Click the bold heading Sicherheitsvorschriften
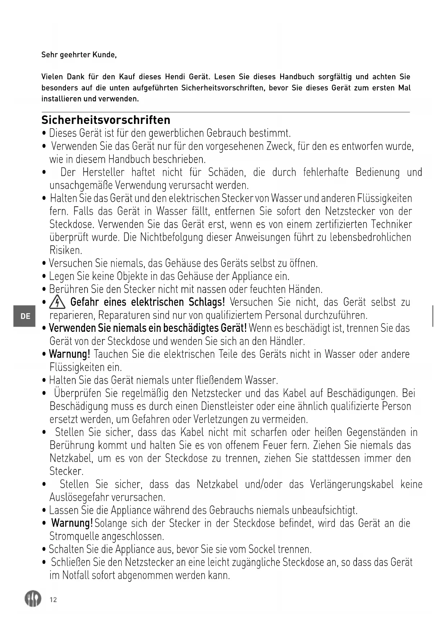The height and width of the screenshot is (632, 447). (x=106, y=120)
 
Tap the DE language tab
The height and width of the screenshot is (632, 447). (x=25, y=316)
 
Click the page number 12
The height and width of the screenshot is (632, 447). (x=53, y=600)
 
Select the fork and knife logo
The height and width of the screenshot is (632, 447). (x=33, y=599)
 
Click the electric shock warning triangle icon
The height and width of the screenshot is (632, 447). (x=57, y=302)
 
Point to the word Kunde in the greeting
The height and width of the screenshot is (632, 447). (x=104, y=55)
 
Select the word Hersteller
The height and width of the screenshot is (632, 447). (x=103, y=172)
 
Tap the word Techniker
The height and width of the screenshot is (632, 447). (x=391, y=224)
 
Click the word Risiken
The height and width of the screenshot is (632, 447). (x=66, y=250)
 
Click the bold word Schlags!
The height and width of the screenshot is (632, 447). (x=207, y=302)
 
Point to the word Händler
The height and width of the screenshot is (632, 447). (x=287, y=341)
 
